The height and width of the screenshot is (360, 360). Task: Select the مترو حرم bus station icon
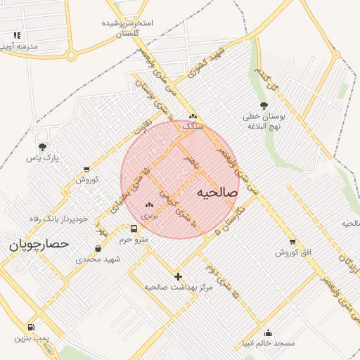click(134, 229)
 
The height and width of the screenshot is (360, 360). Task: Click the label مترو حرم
click(134, 240)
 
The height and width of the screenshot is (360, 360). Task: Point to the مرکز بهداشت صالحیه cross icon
click(178, 276)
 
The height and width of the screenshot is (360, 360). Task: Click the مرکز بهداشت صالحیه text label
click(179, 287)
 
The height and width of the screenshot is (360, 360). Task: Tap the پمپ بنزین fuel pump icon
click(31, 327)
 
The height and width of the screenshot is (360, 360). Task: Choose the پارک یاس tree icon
click(42, 147)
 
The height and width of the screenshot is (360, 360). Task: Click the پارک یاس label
click(41, 158)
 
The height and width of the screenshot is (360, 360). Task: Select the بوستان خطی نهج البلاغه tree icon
click(264, 105)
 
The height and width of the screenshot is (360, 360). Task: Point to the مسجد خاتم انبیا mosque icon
click(267, 333)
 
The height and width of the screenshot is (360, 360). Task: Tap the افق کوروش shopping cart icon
click(292, 241)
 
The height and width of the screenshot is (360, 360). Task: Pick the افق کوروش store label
click(292, 252)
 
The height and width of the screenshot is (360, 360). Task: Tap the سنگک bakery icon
click(193, 116)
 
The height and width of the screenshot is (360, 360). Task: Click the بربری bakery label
click(150, 216)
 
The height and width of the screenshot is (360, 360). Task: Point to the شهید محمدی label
click(98, 259)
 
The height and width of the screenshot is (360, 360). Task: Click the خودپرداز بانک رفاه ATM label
click(59, 219)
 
